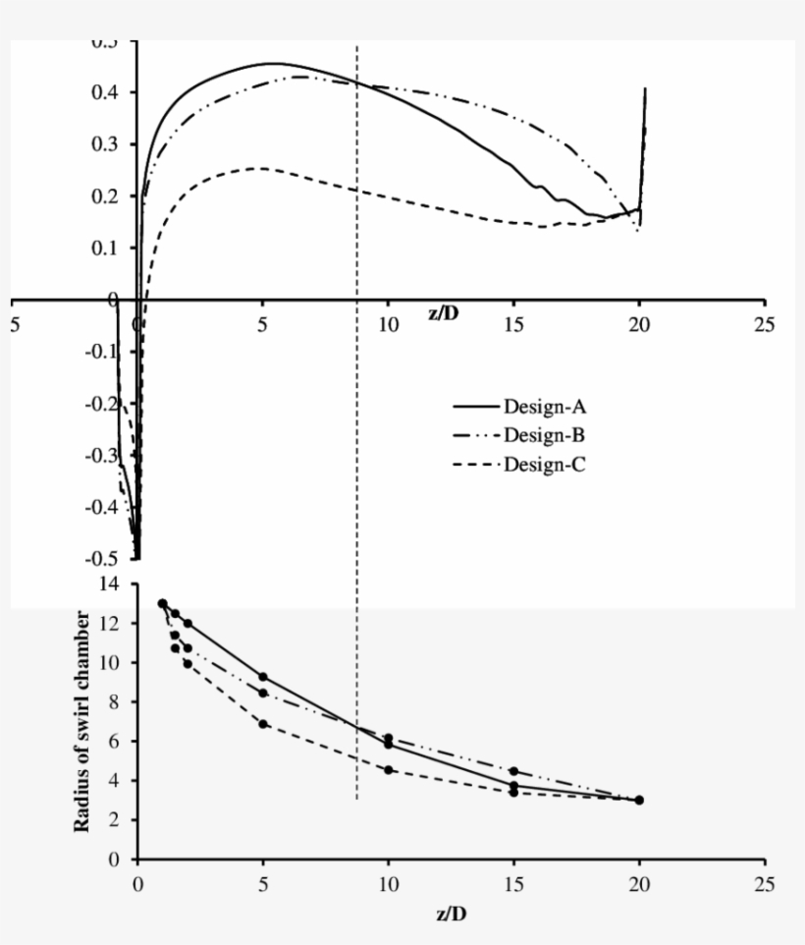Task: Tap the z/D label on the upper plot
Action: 444,313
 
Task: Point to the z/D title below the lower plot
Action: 451,914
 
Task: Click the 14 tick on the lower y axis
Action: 113,584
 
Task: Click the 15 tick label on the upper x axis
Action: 513,325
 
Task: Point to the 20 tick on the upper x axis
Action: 639,325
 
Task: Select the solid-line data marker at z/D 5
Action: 263,677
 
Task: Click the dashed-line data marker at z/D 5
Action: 263,724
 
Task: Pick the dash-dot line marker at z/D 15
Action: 513,771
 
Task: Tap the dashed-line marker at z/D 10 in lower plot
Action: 389,770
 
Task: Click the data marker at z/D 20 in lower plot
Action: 639,800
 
